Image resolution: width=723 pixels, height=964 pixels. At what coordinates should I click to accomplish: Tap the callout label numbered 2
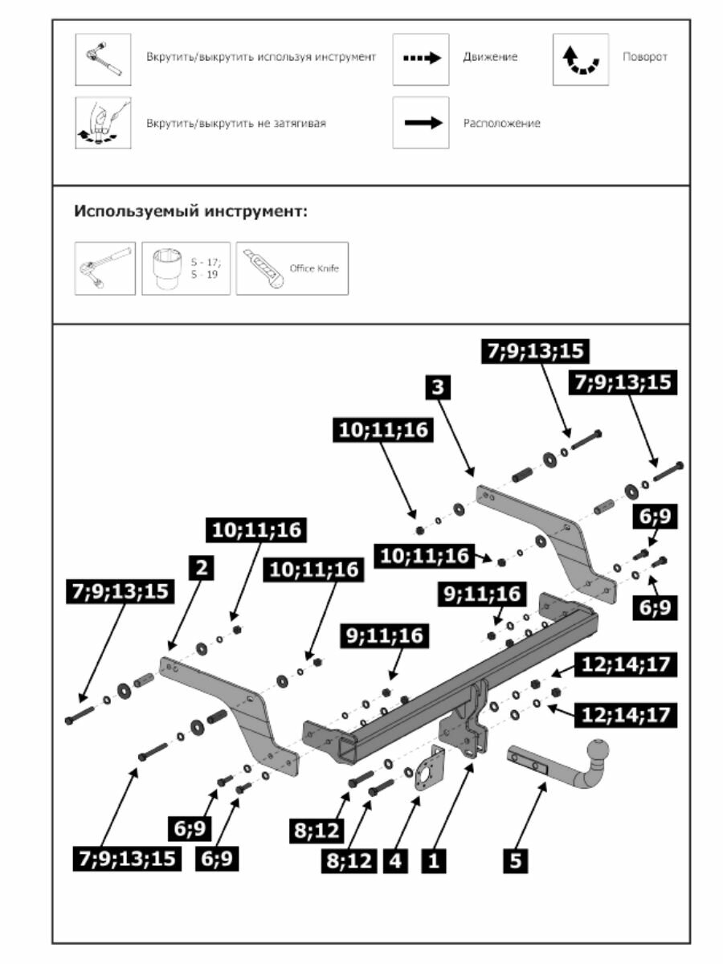click(201, 567)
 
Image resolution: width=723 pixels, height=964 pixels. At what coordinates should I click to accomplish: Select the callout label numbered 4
click(394, 861)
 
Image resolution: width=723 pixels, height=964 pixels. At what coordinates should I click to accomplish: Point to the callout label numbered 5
click(516, 861)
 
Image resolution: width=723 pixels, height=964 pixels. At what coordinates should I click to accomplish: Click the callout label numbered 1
click(434, 861)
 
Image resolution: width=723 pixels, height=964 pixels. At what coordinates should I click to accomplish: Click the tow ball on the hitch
click(601, 751)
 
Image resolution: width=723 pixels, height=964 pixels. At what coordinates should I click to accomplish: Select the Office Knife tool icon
click(292, 268)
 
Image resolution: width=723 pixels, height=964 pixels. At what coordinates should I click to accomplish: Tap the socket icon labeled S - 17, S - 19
click(186, 268)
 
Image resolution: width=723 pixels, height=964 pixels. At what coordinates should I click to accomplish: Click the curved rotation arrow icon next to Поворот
click(580, 59)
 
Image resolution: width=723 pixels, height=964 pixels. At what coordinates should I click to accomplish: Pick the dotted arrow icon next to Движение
click(420, 59)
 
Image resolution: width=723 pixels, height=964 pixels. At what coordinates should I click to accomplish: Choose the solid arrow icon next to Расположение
click(420, 123)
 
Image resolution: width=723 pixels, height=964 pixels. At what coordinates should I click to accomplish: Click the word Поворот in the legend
click(644, 57)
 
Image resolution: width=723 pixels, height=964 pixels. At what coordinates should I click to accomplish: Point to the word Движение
click(490, 57)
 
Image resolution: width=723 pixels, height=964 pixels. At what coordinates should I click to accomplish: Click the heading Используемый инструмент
click(191, 212)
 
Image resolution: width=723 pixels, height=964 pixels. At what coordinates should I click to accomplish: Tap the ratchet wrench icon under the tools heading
click(104, 268)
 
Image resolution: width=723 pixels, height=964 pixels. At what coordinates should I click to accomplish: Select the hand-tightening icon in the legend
click(103, 123)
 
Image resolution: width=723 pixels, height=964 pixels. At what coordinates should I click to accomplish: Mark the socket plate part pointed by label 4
click(429, 771)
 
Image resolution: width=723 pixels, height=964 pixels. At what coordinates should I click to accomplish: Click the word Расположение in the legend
click(501, 123)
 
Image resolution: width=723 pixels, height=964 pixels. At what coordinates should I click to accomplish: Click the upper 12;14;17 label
click(625, 664)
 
